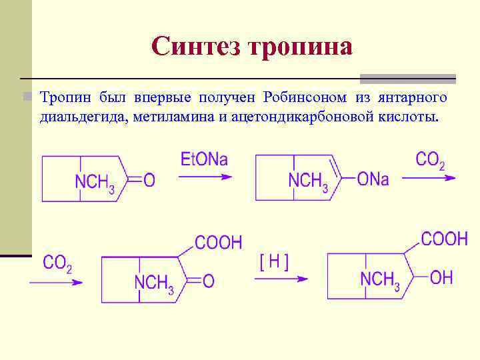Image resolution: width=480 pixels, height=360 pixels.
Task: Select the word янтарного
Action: point(413,98)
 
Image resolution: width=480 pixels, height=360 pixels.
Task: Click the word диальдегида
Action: point(83,117)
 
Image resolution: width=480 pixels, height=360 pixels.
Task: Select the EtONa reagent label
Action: point(204,159)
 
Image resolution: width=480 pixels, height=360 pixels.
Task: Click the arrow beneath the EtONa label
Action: point(205,177)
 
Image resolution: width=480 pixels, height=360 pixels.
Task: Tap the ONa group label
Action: point(373,180)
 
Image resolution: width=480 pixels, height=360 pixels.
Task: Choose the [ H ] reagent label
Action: point(275,261)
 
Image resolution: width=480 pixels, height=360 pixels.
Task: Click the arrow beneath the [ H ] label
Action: point(281,279)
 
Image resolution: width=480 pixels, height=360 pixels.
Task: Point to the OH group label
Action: point(441,278)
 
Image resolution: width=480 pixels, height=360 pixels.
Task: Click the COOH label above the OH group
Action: point(444,239)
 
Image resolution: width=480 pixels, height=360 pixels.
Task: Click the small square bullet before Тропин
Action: point(27,97)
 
